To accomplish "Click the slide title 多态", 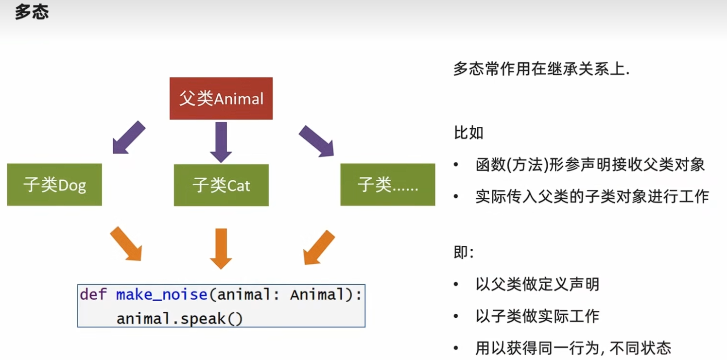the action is coord(32,12).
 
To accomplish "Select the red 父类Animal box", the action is coord(221,98).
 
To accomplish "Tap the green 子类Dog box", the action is coord(54,185).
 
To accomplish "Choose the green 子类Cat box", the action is coord(221,185).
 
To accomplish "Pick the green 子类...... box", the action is coord(388,185).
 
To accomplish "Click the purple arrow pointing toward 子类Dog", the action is coord(129,137).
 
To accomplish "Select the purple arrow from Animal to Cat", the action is coord(221,142).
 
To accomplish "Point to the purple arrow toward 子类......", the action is coord(316,141).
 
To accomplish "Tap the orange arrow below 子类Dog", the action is coord(126,243).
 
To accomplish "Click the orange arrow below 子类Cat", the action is coord(221,249).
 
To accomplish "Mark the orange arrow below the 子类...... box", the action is coord(319,247).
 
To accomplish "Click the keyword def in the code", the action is coord(93,294).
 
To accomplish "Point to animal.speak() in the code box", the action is coord(179,319).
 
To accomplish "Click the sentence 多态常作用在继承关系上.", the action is coord(541,69).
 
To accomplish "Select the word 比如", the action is coord(468,133).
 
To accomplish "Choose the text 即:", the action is coord(464,252).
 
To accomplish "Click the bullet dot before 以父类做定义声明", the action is coord(456,284).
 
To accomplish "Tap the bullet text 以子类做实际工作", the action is coord(537,316).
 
